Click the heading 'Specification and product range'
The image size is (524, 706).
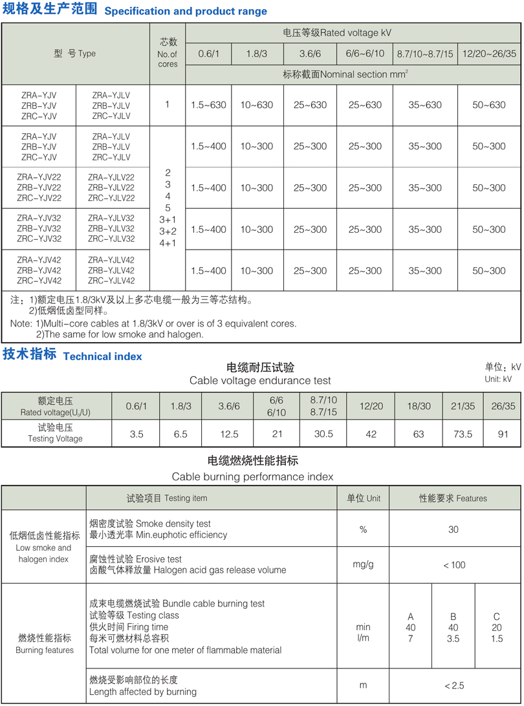[x=185, y=12]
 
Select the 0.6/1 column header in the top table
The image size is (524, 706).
[x=209, y=54]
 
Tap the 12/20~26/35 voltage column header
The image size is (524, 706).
[x=488, y=54]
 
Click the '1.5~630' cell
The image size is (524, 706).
[x=209, y=105]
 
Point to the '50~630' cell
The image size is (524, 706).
[x=488, y=105]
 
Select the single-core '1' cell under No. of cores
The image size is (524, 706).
[x=168, y=104]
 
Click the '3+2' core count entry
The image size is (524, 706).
[x=168, y=231]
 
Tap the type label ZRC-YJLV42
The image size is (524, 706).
[x=111, y=281]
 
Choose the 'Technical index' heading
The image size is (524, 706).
[x=102, y=356]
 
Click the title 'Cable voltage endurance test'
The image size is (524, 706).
[x=260, y=381]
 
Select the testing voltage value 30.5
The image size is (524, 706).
[x=323, y=434]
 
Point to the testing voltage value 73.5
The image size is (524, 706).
[x=463, y=434]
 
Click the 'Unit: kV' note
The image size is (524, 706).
[x=498, y=379]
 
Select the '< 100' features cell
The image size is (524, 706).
[x=453, y=565]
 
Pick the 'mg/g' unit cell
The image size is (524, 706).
[x=363, y=564]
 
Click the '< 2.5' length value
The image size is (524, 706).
[x=453, y=686]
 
